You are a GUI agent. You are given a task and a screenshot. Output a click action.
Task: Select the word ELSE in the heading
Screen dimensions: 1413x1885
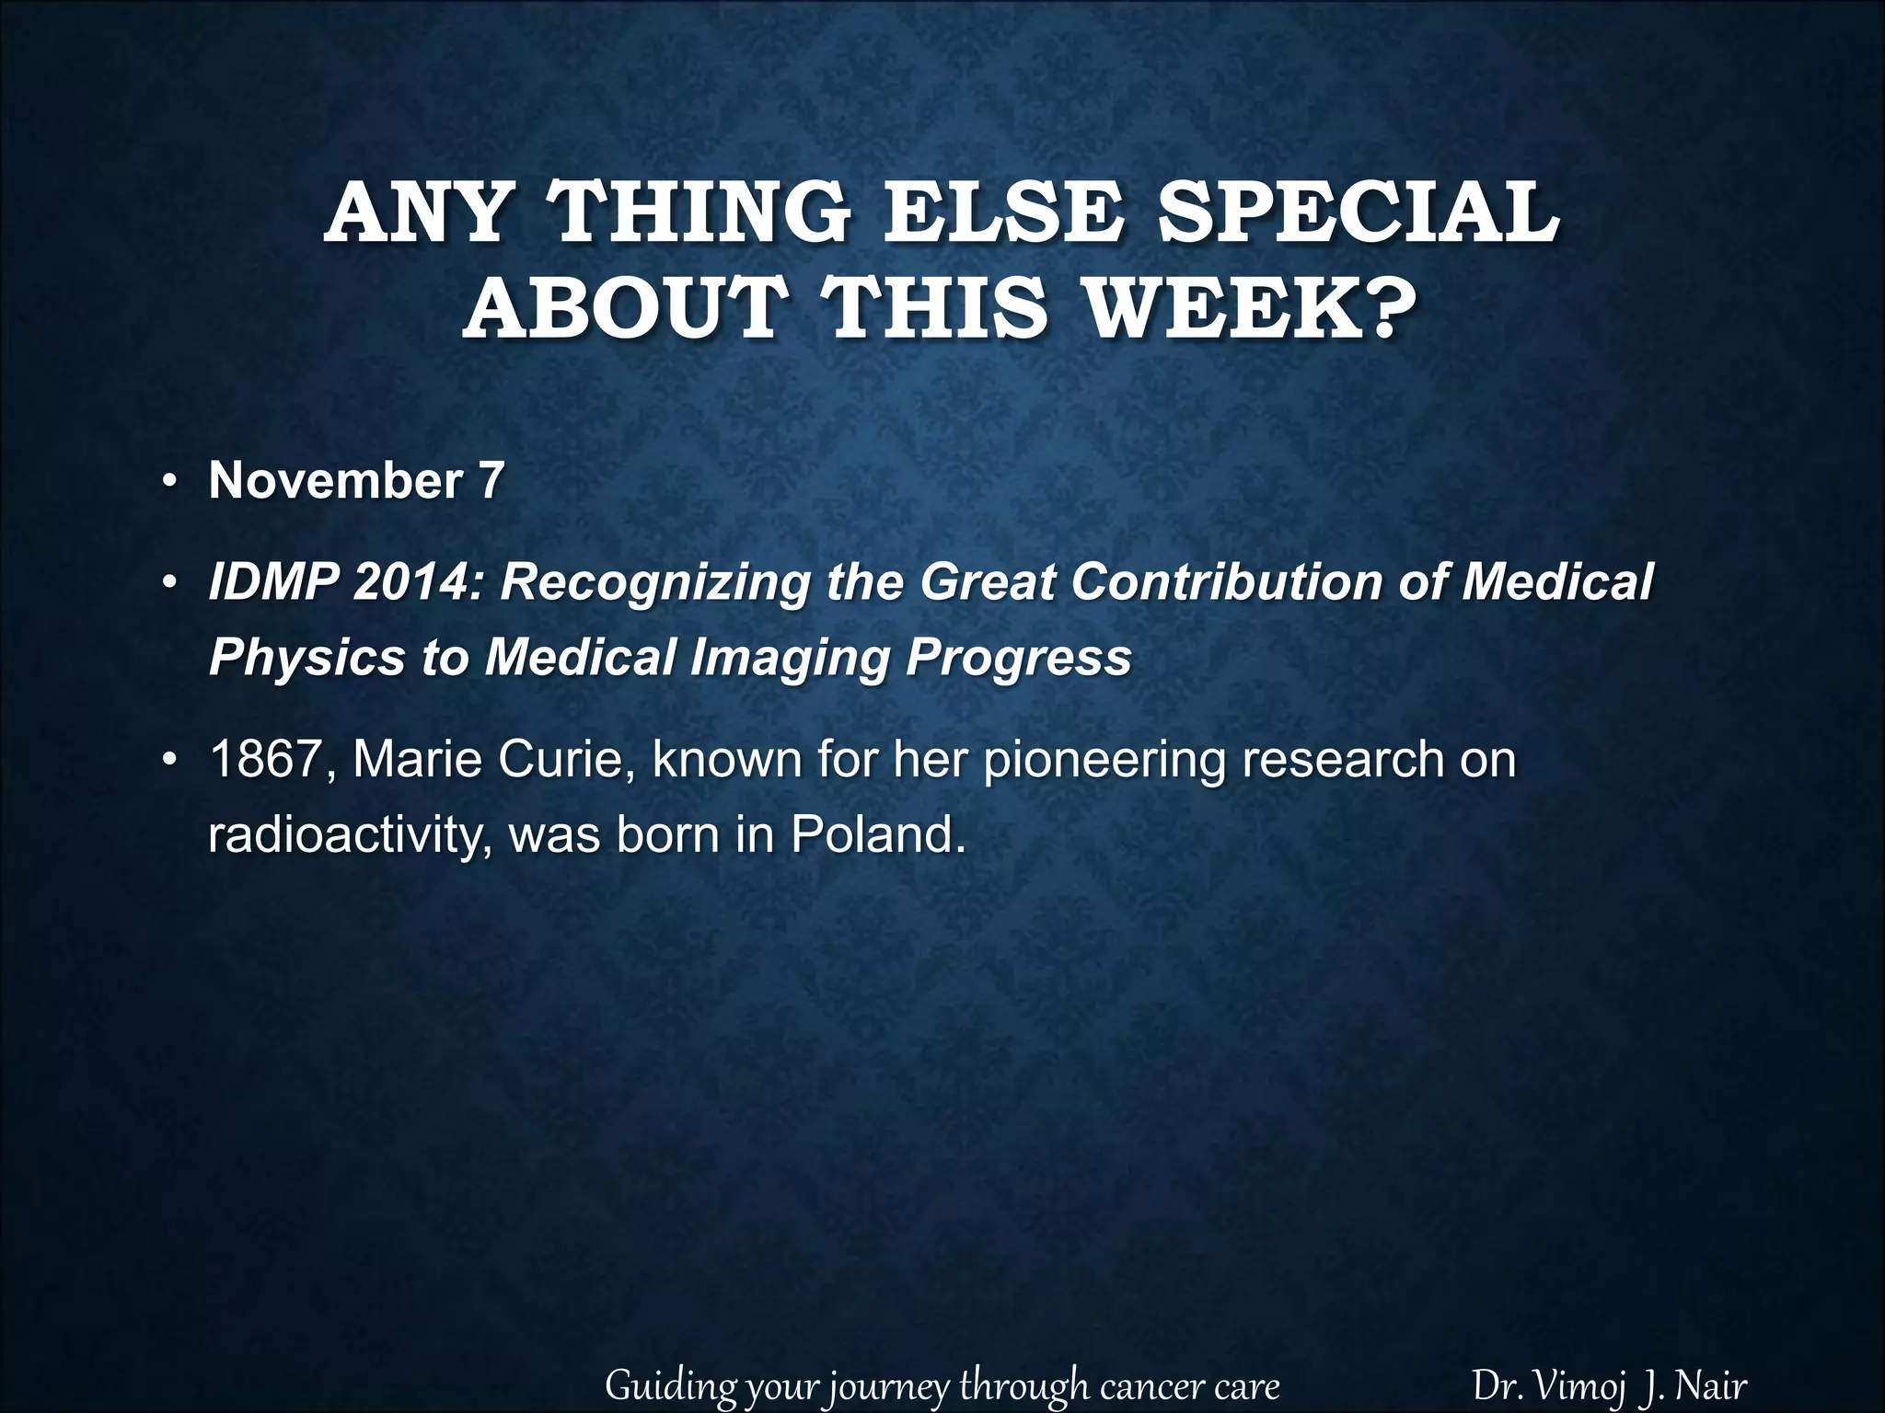pyautogui.click(x=1006, y=213)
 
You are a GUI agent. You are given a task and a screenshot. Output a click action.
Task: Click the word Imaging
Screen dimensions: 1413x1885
pyautogui.click(x=795, y=657)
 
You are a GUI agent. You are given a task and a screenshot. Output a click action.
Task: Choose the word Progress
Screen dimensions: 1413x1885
pyautogui.click(x=1019, y=657)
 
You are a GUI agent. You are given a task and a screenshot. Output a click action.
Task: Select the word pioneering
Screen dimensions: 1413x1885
pyautogui.click(x=1101, y=760)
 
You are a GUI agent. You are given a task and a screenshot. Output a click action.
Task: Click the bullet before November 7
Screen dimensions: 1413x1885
pyautogui.click(x=169, y=482)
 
